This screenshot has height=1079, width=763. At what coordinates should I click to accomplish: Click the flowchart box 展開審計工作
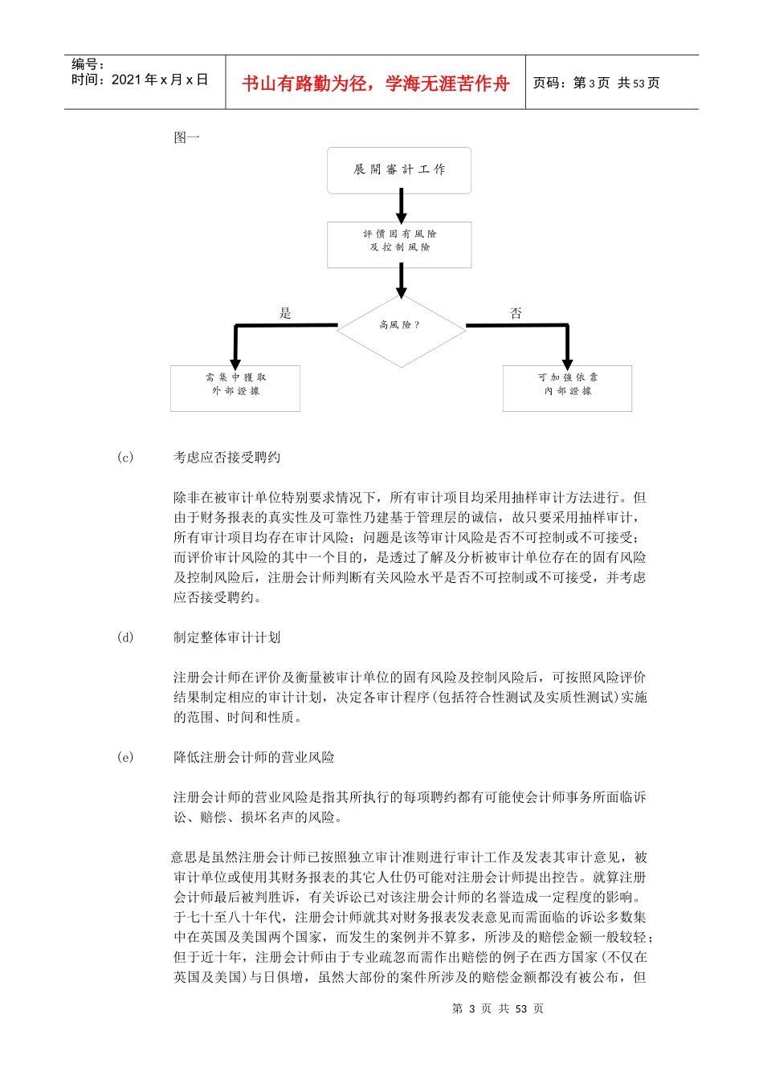pyautogui.click(x=399, y=170)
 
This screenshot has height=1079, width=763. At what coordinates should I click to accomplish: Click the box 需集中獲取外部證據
pyautogui.click(x=235, y=389)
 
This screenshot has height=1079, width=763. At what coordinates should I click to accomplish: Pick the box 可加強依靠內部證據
pyautogui.click(x=567, y=389)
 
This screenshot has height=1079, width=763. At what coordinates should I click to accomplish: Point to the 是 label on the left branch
pyautogui.click(x=285, y=314)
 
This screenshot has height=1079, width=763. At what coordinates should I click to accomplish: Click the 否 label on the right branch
pyautogui.click(x=516, y=314)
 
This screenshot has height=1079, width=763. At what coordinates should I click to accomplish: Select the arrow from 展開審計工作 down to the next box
pyautogui.click(x=402, y=207)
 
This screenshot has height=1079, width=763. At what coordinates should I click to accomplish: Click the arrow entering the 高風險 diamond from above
pyautogui.click(x=402, y=282)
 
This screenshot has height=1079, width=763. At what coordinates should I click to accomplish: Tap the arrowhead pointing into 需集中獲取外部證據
pyautogui.click(x=235, y=360)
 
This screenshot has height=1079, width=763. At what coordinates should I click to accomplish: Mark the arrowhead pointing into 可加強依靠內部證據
pyautogui.click(x=567, y=360)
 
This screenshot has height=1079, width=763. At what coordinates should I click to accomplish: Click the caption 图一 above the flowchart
pyautogui.click(x=186, y=137)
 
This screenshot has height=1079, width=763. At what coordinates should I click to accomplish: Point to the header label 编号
pyautogui.click(x=87, y=64)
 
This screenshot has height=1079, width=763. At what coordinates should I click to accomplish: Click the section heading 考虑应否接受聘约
pyautogui.click(x=227, y=458)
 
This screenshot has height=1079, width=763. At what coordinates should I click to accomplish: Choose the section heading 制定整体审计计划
pyautogui.click(x=227, y=637)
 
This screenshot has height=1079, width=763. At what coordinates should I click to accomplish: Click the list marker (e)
pyautogui.click(x=125, y=757)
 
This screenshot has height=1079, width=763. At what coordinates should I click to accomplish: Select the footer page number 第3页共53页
pyautogui.click(x=498, y=1008)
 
